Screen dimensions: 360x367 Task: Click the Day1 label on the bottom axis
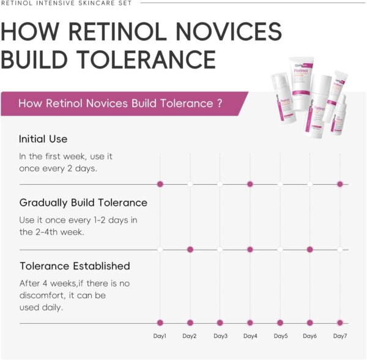160,336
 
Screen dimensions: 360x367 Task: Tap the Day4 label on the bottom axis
250,336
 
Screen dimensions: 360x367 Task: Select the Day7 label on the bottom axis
340,336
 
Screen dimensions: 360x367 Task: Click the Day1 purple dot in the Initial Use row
160,184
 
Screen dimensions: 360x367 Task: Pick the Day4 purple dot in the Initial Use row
250,184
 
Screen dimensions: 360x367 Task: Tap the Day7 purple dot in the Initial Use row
340,184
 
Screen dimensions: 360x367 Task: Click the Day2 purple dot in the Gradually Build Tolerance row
190,249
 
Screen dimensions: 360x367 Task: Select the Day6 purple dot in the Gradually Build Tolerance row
310,249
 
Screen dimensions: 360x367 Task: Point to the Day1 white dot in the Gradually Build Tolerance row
160,249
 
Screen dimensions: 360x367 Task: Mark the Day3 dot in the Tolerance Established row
220,323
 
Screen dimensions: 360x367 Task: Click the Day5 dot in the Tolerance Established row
280,323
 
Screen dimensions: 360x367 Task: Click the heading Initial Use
43,139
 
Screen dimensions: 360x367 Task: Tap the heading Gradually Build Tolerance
83,203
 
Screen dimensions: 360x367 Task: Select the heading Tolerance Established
75,266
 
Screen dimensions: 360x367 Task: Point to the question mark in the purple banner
220,103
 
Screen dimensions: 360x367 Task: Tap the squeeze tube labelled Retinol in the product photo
302,83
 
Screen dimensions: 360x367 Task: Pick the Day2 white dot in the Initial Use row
190,184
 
